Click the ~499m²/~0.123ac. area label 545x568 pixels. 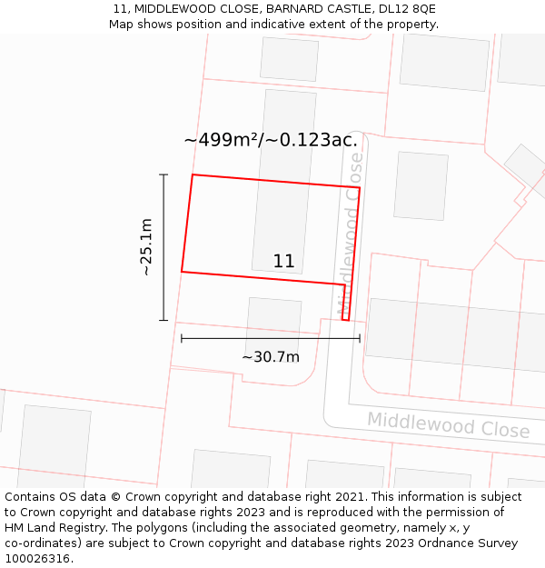tap(271, 140)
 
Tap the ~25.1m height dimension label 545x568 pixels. tap(146, 247)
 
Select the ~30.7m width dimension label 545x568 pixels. tap(271, 357)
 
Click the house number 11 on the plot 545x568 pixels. tap(283, 262)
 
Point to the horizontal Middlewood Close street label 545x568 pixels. tap(448, 424)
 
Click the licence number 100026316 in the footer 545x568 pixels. tap(36, 559)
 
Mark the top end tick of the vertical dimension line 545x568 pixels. tap(163, 174)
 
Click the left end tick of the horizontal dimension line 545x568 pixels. tap(182, 339)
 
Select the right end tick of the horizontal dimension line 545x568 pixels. tap(360, 339)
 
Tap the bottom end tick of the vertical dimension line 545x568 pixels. tap(163, 320)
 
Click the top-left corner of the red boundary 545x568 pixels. tap(193, 175)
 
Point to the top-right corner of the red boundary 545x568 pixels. tap(360, 188)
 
